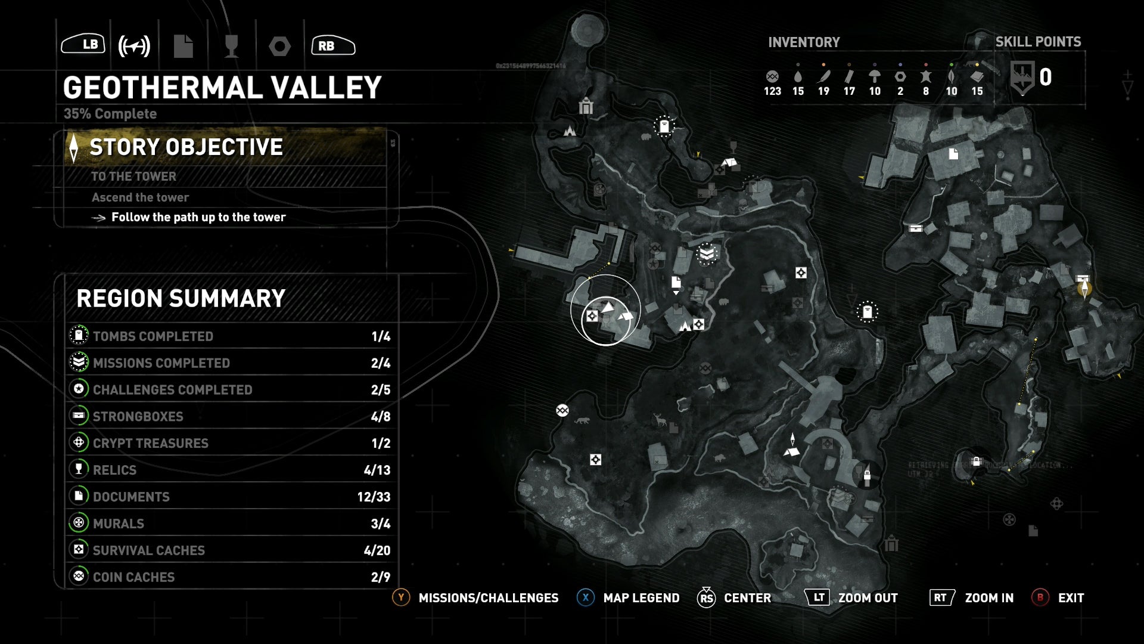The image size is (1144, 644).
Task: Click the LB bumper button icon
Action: pyautogui.click(x=83, y=44)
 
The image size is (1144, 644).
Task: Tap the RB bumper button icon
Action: pyautogui.click(x=332, y=45)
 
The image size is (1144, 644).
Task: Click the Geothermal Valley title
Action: pyautogui.click(x=222, y=88)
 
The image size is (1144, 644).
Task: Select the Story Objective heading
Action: pyautogui.click(x=186, y=147)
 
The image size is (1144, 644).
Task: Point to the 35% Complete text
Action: pyautogui.click(x=110, y=114)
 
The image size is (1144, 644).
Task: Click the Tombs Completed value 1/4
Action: pyautogui.click(x=381, y=336)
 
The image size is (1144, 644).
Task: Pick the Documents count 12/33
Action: pyautogui.click(x=374, y=497)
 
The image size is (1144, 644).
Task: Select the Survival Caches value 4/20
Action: pyautogui.click(x=377, y=550)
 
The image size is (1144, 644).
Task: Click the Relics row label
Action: pyautogui.click(x=114, y=470)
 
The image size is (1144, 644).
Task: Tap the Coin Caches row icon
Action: pyautogui.click(x=79, y=577)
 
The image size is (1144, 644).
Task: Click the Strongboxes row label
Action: pyautogui.click(x=138, y=416)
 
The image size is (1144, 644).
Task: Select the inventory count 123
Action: pyautogui.click(x=772, y=91)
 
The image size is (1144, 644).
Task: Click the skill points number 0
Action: pyautogui.click(x=1045, y=78)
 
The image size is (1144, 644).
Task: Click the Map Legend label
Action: pyautogui.click(x=641, y=598)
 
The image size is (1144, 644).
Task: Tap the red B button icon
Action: pyautogui.click(x=1040, y=597)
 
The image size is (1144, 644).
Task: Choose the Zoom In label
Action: pyautogui.click(x=989, y=598)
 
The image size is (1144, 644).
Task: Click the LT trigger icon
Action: pyautogui.click(x=818, y=597)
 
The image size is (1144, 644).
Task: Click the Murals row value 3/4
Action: pyautogui.click(x=381, y=524)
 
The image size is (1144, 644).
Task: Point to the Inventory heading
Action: pyautogui.click(x=804, y=42)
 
